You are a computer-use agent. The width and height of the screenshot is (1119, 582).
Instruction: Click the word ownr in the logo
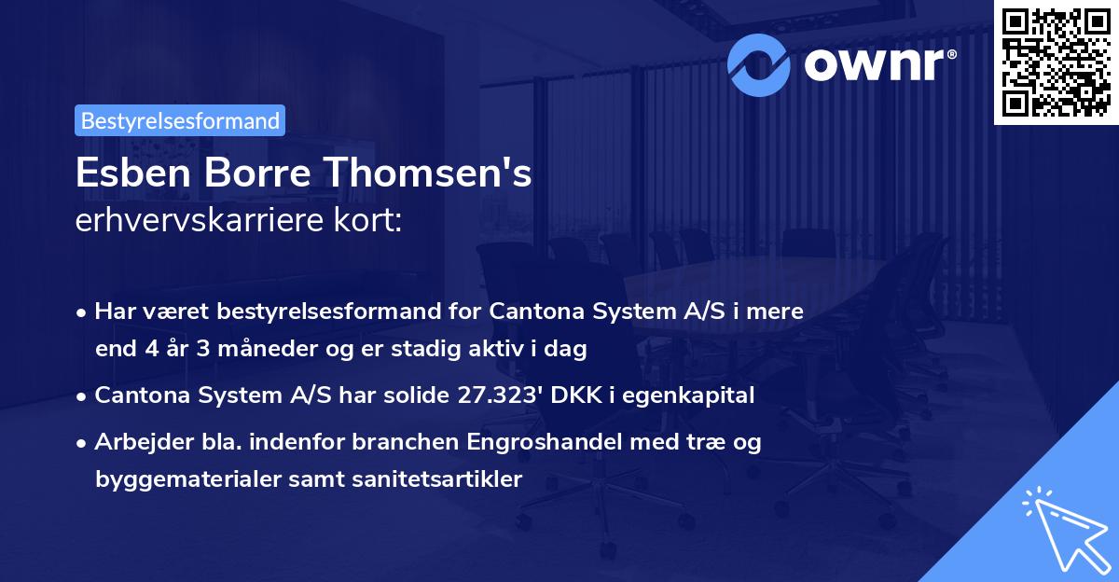tap(877, 62)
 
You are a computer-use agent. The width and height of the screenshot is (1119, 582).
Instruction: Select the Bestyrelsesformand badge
tap(180, 120)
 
